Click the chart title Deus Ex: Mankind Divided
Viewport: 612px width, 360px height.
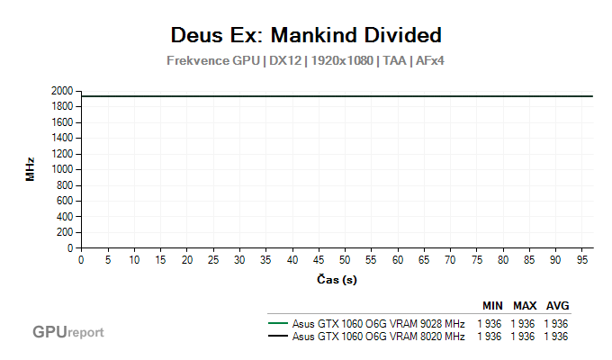(306, 35)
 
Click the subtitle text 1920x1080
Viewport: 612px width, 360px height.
(343, 61)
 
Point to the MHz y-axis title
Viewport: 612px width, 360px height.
(30, 169)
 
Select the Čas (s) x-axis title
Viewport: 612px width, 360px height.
(337, 280)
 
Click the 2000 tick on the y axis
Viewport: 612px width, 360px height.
(63, 91)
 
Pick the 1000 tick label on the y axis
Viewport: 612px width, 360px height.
(63, 169)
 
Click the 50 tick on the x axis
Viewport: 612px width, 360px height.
(346, 260)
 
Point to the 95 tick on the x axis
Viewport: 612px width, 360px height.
(582, 260)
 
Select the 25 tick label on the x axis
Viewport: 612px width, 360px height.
(213, 260)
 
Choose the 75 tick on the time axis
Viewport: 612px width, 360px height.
(477, 260)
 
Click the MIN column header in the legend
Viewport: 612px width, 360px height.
(492, 305)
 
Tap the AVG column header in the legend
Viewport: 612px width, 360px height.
(558, 305)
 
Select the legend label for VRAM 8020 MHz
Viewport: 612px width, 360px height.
(378, 337)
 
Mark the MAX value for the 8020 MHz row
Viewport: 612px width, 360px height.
(524, 337)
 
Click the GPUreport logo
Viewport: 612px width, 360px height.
(68, 332)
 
